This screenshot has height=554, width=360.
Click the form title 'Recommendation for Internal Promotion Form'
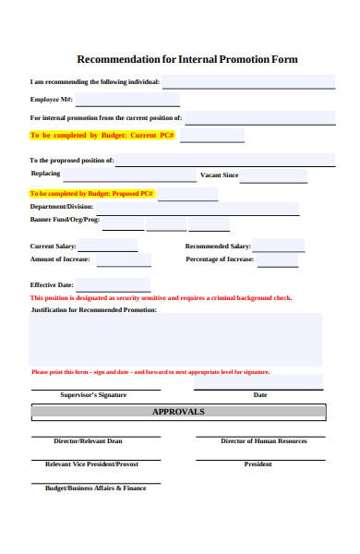click(186, 59)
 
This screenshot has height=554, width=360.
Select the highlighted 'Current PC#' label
click(102, 136)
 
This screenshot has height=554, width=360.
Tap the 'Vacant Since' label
click(219, 175)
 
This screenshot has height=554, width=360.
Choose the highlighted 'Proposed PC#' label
click(91, 194)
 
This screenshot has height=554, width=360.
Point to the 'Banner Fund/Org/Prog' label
click(65, 221)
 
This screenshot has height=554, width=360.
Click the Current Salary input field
click(107, 246)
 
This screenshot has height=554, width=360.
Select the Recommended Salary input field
click(278, 246)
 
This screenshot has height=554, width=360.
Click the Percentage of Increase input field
click(277, 260)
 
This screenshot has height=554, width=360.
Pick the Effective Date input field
click(113, 284)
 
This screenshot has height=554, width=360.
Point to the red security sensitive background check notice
click(161, 298)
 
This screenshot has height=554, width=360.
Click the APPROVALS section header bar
click(178, 412)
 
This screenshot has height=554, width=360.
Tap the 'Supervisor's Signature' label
click(93, 394)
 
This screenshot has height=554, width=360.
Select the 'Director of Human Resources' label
click(264, 441)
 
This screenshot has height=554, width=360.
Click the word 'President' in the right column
click(258, 464)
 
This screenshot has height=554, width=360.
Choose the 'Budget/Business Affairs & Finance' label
click(96, 488)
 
